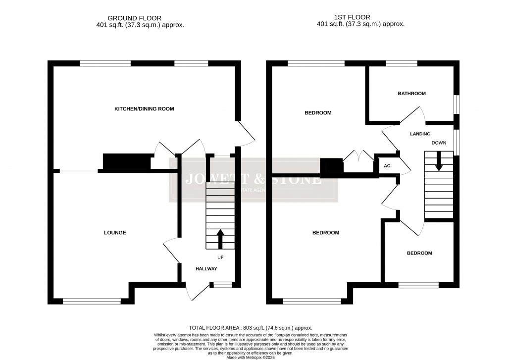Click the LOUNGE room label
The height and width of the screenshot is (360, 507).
115,232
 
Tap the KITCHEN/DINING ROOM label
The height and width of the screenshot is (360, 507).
144,108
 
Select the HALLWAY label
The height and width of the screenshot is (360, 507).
206,268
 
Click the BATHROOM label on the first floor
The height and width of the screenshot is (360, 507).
411,93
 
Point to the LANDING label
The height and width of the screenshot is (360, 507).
420,134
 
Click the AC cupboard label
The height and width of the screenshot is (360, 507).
387,166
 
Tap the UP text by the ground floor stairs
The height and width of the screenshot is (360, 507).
220,257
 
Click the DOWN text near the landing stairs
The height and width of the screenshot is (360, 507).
439,143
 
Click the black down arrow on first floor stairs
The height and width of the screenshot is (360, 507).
438,162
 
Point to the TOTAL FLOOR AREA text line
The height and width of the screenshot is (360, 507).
251,328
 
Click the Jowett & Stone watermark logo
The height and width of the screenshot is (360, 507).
253,180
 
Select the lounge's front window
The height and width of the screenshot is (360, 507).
92,300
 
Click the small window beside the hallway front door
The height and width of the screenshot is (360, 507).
222,284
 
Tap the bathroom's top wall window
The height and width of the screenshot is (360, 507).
402,63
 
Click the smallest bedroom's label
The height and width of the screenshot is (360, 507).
419,253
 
